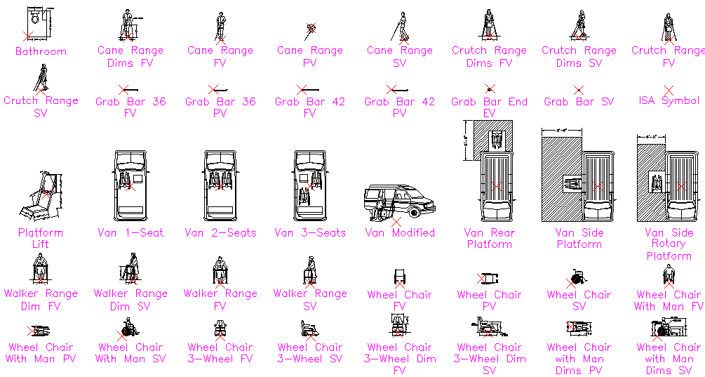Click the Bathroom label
point(41,51)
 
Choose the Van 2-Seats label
point(220,232)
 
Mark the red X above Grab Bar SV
point(579,90)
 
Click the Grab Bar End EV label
point(490,107)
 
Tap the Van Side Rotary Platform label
point(669,244)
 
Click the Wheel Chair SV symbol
point(577,278)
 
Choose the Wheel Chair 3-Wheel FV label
point(220,353)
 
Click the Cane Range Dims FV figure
point(128,26)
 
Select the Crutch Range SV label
point(41,107)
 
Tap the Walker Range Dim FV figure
point(41,270)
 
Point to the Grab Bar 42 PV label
point(400,107)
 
